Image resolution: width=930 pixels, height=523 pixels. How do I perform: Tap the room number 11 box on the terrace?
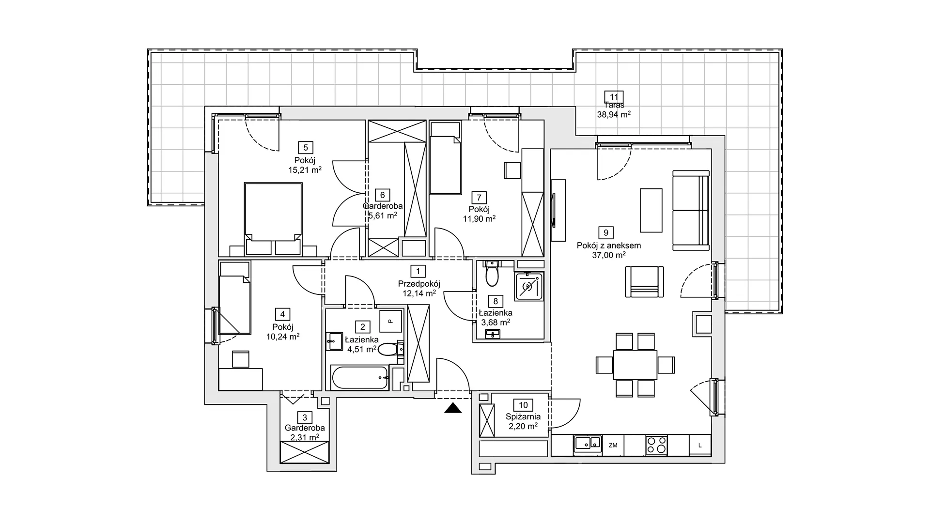(x=614, y=97)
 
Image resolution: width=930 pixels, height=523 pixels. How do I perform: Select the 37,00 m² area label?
(x=608, y=255)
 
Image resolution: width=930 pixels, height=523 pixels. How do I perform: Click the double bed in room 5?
(x=273, y=218)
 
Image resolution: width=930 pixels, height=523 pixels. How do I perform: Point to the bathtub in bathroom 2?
(x=359, y=378)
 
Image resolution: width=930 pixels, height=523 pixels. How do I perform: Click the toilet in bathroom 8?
(x=493, y=274)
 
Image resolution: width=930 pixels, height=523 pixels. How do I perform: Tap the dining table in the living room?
(x=635, y=365)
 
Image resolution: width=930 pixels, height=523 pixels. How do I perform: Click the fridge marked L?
(x=700, y=445)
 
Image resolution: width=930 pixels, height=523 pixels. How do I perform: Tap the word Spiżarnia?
(x=523, y=416)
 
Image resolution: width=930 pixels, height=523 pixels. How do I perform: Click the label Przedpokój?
(x=419, y=284)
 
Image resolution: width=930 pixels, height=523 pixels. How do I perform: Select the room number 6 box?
(x=383, y=195)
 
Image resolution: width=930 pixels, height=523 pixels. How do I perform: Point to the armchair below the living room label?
(x=644, y=281)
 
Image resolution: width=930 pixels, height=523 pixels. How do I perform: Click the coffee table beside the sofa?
(x=651, y=211)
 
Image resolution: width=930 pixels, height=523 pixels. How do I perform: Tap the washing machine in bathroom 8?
(x=528, y=287)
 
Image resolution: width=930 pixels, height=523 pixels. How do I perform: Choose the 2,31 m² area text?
(x=305, y=437)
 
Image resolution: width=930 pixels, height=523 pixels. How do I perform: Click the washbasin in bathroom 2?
(x=335, y=341)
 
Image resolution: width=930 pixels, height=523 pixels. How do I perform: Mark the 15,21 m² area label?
(x=305, y=170)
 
